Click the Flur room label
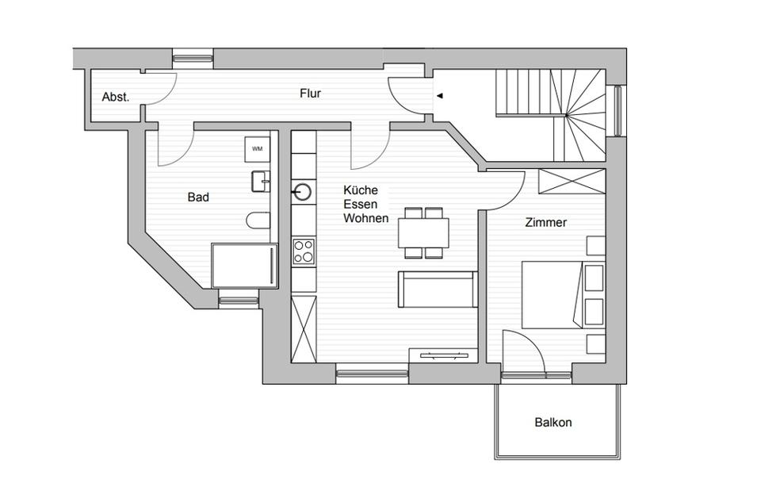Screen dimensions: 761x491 [310, 93]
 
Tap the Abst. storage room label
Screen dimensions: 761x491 [116, 98]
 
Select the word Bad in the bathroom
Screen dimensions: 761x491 [198, 197]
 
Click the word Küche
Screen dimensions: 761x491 [361, 190]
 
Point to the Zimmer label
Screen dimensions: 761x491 [546, 223]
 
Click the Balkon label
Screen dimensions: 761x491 [553, 423]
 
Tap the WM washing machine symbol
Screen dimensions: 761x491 [258, 148]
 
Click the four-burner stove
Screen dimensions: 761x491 [304, 251]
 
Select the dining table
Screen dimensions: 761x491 [424, 232]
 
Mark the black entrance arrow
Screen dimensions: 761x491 [440, 96]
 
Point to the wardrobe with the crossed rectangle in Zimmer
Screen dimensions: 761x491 [571, 181]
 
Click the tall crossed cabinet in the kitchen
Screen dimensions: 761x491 [304, 327]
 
